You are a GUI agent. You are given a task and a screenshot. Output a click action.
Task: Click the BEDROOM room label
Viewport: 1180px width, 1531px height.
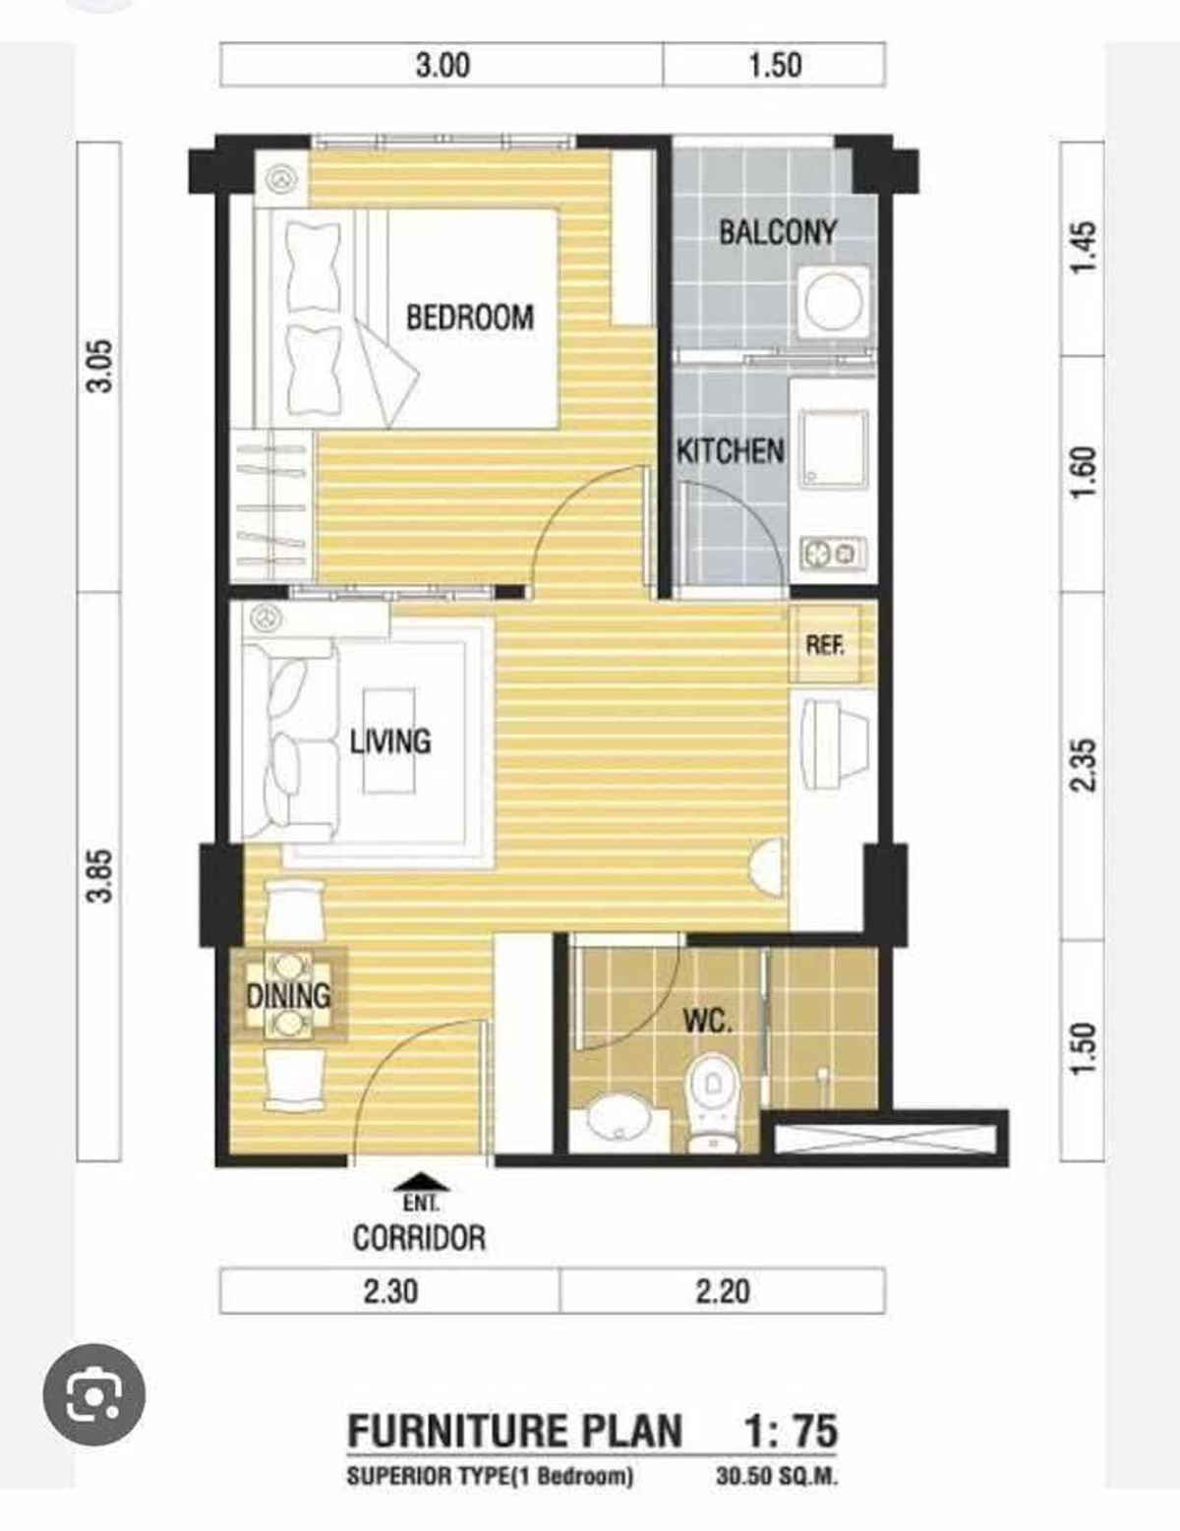coord(470,317)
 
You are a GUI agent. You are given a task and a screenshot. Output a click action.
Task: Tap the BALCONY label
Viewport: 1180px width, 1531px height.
coord(778,232)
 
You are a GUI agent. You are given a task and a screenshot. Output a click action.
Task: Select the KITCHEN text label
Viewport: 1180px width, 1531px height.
coord(730,451)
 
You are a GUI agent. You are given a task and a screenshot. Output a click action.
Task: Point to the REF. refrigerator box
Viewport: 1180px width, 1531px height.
coord(825,644)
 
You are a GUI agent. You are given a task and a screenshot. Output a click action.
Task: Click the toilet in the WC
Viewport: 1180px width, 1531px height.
coord(712,1103)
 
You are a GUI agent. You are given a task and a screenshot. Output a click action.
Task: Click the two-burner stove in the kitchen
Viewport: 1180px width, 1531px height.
coord(833,554)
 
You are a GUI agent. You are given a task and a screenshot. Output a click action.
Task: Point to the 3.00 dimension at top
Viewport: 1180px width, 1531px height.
coord(442,66)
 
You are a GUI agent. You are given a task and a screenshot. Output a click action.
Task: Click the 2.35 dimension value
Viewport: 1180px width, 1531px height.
coord(1083,765)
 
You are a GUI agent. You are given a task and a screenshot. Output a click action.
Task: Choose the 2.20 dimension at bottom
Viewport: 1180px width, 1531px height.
coord(723,1292)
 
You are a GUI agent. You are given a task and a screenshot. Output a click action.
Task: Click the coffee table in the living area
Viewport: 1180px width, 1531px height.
coord(388,740)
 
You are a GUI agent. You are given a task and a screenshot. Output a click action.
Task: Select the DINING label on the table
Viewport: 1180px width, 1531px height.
coord(288,995)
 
